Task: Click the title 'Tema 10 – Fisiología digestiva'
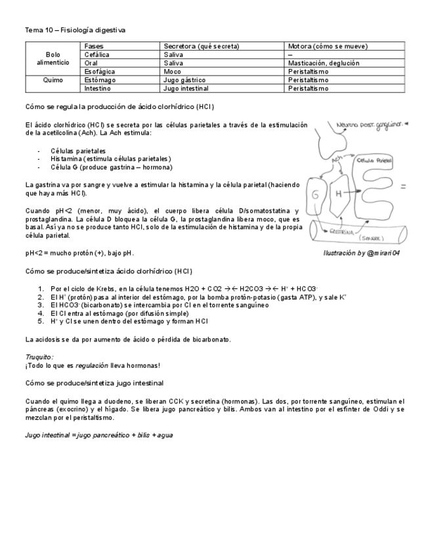click(x=75, y=30)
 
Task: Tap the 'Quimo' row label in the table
click(x=53, y=79)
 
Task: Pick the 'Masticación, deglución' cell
click(x=324, y=63)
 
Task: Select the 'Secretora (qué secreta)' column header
click(x=201, y=47)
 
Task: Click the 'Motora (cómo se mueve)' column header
click(x=328, y=47)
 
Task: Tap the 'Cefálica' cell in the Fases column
click(x=97, y=55)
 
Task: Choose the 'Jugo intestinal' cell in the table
click(x=186, y=88)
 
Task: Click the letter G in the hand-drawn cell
click(x=316, y=195)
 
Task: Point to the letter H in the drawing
click(x=339, y=194)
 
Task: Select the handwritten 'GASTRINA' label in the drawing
click(x=343, y=231)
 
